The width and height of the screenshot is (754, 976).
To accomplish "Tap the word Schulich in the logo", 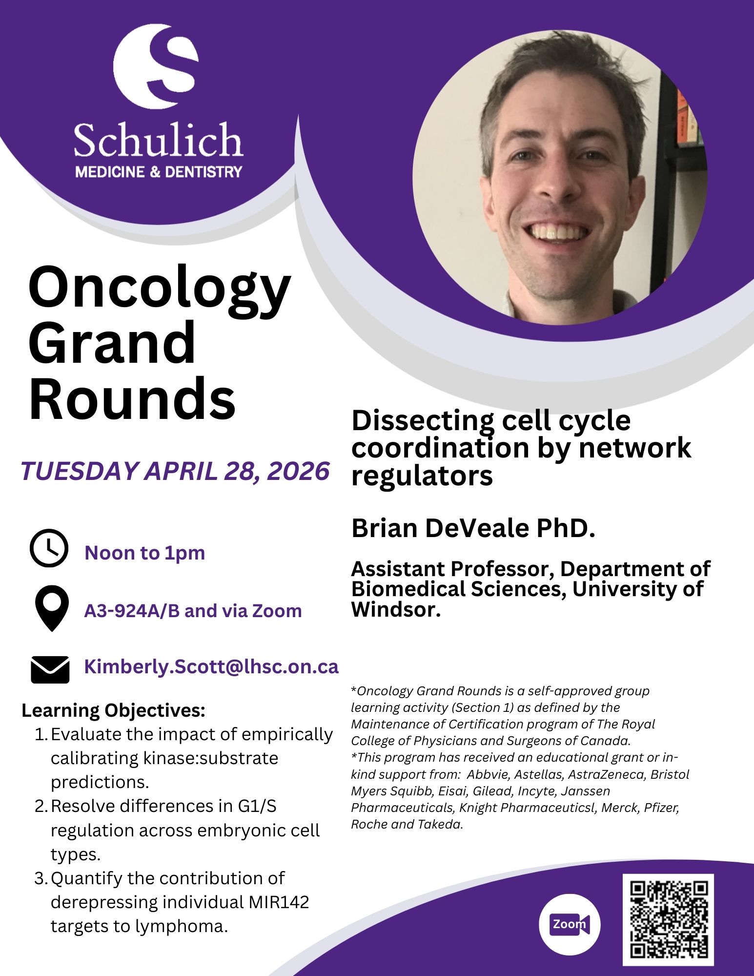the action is point(158,140).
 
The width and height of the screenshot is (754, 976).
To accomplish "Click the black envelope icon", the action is point(50,669).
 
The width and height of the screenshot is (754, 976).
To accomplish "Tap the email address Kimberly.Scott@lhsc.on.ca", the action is point(211,666).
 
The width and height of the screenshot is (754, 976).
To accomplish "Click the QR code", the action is point(668,919).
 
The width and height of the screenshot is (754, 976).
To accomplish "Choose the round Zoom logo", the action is point(570,924).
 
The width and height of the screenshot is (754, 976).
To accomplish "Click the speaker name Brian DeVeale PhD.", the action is point(473,528).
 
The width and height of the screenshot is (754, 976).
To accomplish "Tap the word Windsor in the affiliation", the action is point(396,609).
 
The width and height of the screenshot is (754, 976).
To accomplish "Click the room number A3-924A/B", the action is point(132,611).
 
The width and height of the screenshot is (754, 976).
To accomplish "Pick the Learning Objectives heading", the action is point(113,711).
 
